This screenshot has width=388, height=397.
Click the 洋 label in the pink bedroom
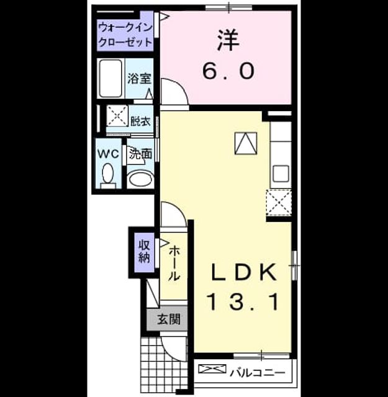tap(228, 40)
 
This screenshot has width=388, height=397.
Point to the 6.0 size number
tap(228, 71)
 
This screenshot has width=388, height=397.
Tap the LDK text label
tap(243, 272)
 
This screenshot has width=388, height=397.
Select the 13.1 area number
tap(243, 301)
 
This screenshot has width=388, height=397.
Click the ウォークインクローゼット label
tap(125, 35)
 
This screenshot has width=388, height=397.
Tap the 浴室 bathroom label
tap(139, 79)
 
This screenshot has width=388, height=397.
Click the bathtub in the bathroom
tap(111, 78)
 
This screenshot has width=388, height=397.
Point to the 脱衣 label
tap(140, 121)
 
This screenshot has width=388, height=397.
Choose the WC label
tap(108, 153)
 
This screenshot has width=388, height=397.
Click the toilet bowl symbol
tap(108, 175)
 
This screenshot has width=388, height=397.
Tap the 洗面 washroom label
tap(141, 154)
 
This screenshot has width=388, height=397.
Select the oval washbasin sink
tap(141, 179)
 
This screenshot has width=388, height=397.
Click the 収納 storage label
tap(144, 251)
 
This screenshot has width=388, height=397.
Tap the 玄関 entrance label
tap(168, 319)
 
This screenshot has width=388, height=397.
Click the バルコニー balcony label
tap(258, 373)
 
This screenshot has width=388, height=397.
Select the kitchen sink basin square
tap(281, 173)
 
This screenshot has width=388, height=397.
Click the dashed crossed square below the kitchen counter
tap(279, 202)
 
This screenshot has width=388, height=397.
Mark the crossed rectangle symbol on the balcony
tap(212, 368)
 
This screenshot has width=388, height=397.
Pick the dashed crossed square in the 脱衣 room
tap(117, 116)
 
